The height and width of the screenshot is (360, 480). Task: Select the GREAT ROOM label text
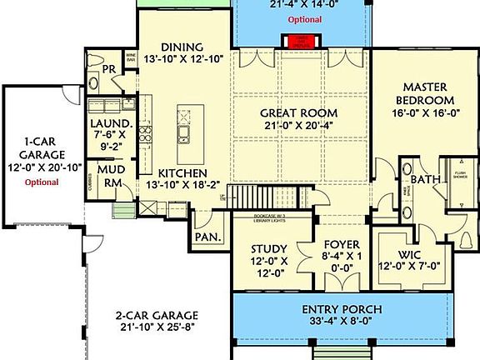point(299,113)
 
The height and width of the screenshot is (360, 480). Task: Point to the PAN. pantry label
point(207,237)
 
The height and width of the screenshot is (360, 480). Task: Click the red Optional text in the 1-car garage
point(41,181)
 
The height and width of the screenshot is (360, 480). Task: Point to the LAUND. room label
point(109,123)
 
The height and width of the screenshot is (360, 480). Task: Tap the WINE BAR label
point(130,59)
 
